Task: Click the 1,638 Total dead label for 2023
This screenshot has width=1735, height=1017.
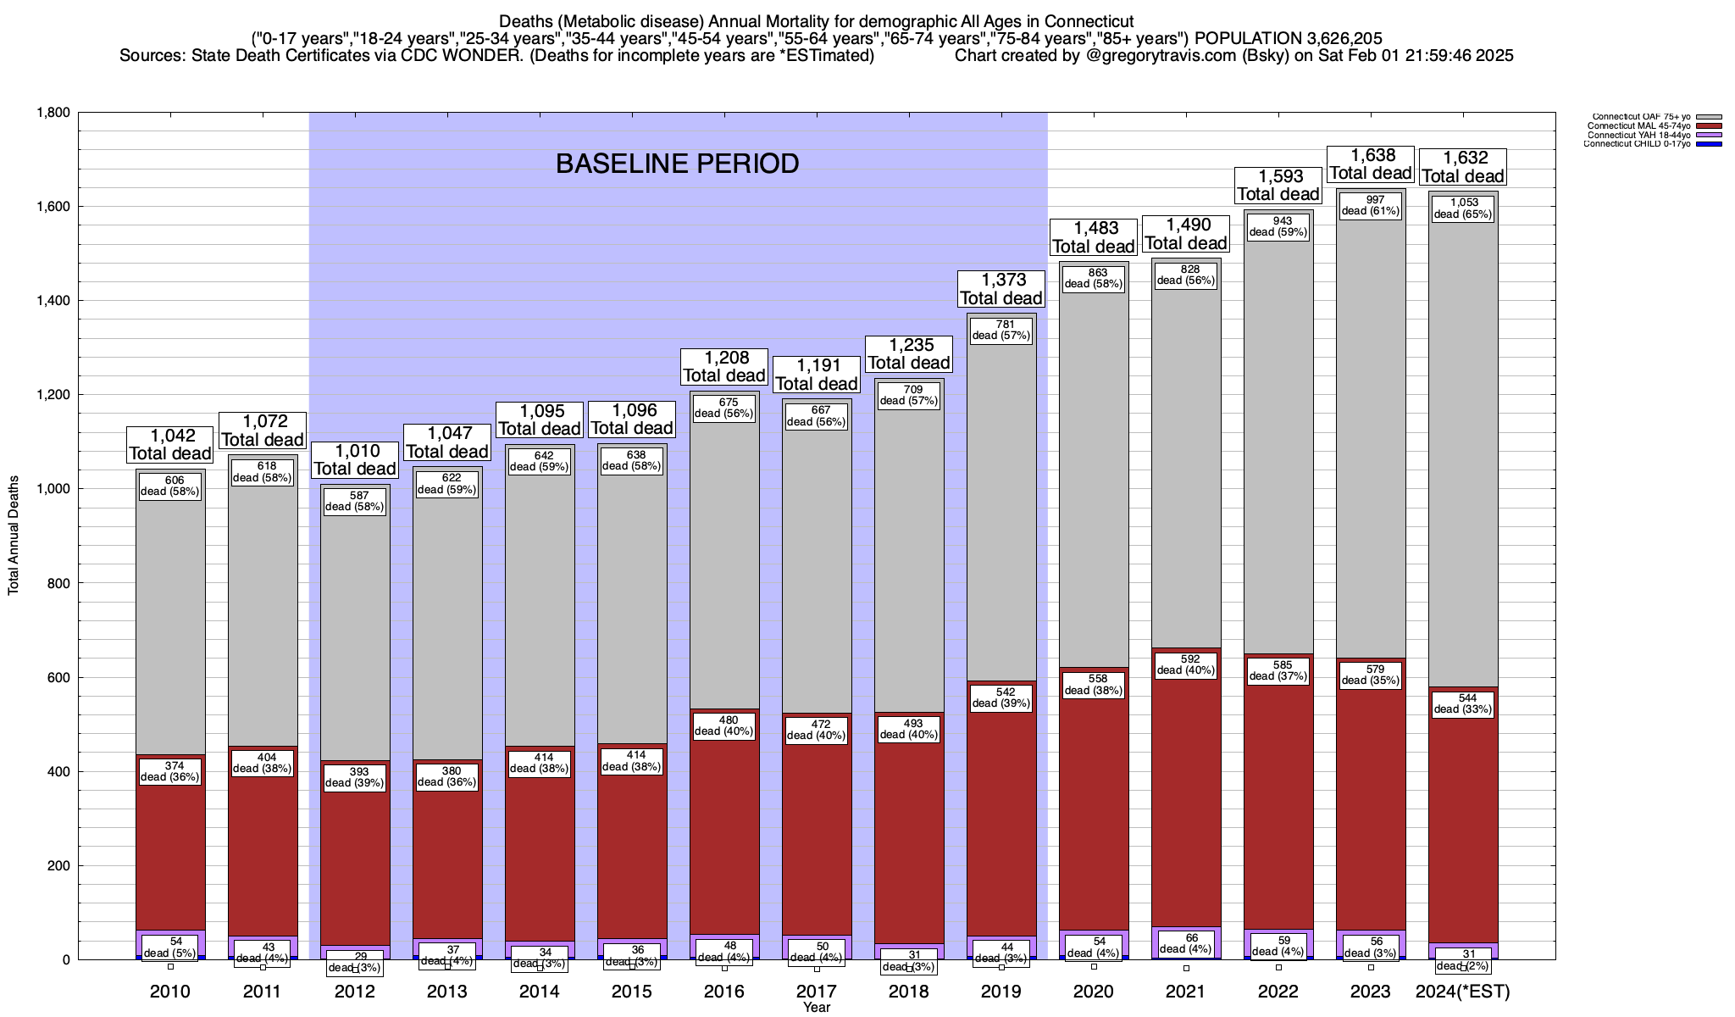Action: [1371, 164]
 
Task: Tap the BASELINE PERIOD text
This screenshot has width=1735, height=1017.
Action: [677, 164]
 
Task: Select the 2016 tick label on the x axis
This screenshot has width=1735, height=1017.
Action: [724, 992]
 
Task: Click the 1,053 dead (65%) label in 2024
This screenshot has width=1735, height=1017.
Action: [1463, 208]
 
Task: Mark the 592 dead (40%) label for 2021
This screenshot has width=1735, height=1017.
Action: [1186, 664]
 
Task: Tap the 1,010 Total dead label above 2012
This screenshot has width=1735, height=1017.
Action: [355, 459]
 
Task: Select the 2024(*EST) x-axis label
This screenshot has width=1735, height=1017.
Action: [1463, 992]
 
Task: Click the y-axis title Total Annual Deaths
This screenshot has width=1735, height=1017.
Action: [14, 535]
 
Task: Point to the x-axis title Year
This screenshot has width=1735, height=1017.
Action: [817, 1008]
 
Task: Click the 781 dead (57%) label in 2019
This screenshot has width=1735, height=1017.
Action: [1001, 330]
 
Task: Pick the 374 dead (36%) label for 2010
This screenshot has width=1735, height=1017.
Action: [170, 771]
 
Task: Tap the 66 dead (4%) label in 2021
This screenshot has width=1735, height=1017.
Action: [1186, 943]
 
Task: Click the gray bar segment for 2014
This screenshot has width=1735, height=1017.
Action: [540, 610]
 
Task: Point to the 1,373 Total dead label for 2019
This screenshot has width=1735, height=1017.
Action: [1001, 289]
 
